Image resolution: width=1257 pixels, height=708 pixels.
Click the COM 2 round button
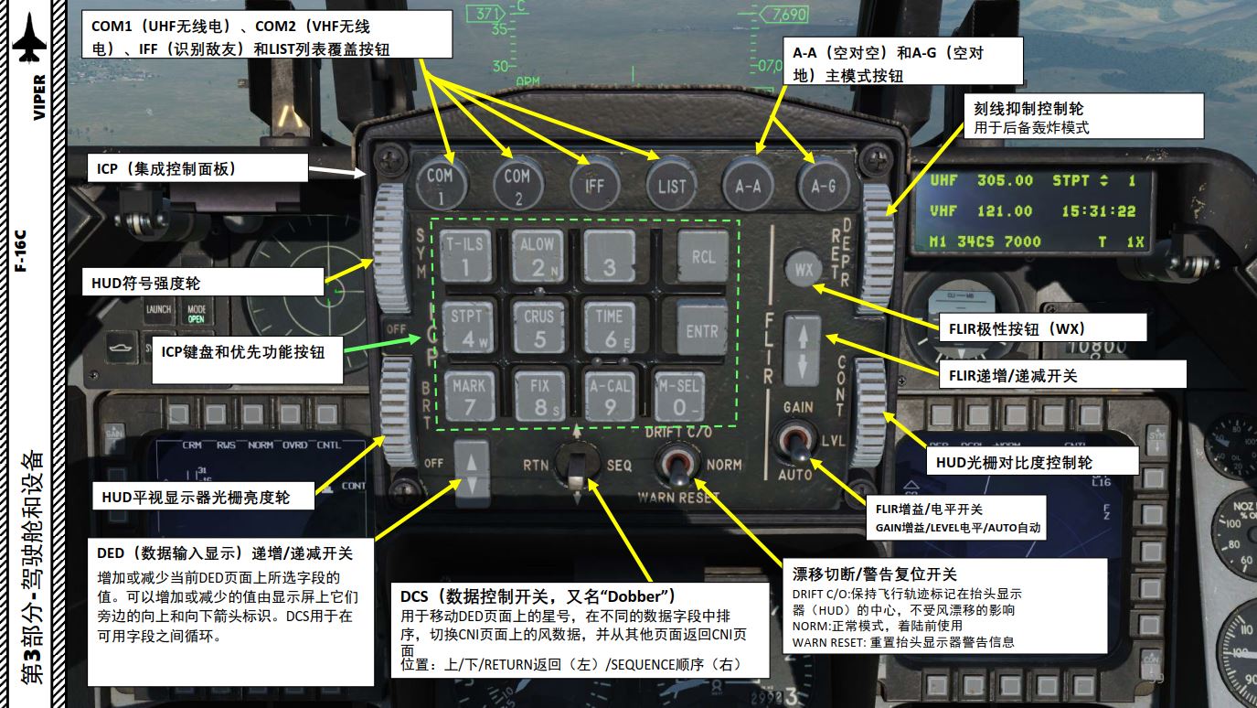[517, 184]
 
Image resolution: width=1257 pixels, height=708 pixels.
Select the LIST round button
[671, 185]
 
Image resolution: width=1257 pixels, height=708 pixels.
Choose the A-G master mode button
[824, 185]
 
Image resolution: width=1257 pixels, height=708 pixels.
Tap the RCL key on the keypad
[702, 257]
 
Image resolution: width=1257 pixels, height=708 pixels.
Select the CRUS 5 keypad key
[539, 327]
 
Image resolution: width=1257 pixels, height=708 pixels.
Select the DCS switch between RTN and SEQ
[576, 467]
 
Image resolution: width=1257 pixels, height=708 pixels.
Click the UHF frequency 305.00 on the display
[1005, 181]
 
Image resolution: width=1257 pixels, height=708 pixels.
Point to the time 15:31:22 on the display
[1098, 211]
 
